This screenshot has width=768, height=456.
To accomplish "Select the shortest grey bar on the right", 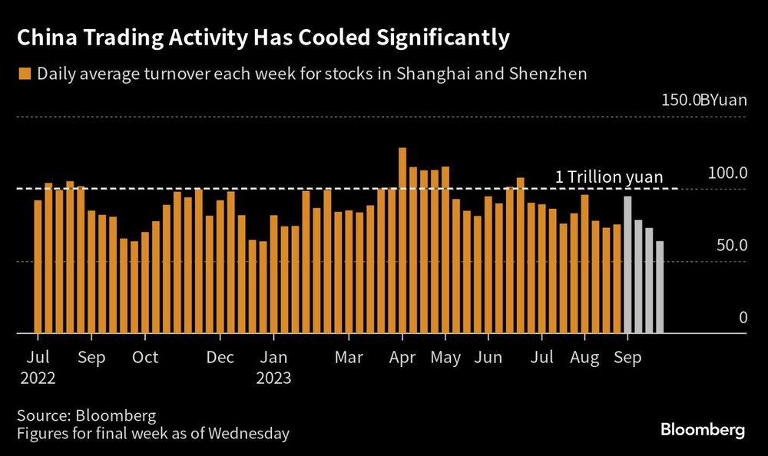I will [660, 287].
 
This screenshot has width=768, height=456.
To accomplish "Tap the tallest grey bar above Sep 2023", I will [627, 265].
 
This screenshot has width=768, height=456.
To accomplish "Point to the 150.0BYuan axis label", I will [698, 101].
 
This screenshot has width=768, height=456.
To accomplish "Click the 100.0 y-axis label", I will [727, 173].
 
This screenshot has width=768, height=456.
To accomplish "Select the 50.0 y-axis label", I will [731, 245].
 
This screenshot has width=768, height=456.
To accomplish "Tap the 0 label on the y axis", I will [743, 317].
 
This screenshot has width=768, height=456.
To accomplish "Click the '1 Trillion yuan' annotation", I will [608, 177].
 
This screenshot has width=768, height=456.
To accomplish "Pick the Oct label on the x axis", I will [144, 358].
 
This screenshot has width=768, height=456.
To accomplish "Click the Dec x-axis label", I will [220, 358].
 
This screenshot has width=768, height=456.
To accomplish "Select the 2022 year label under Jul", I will [38, 378].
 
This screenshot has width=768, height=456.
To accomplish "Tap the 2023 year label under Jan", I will [273, 378].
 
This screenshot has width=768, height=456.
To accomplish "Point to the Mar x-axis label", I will [349, 358].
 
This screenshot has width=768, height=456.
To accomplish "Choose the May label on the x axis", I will [446, 358].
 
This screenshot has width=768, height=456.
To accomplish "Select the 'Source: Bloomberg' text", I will [87, 415].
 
